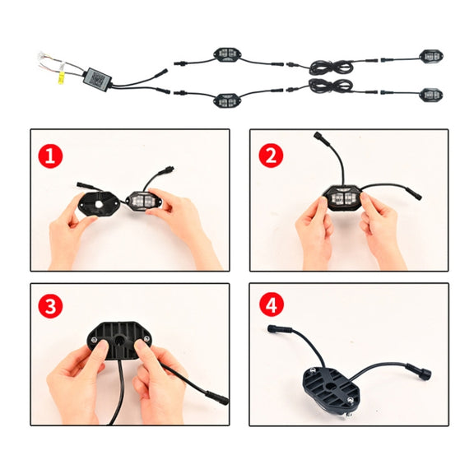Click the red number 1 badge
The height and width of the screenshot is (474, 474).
(50, 156)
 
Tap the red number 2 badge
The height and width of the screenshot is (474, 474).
(271, 156)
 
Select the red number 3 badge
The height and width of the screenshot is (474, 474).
(50, 305)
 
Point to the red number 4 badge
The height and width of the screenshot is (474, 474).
(272, 304)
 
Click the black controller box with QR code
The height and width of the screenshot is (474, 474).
(99, 77)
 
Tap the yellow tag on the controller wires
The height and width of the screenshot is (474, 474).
(61, 77)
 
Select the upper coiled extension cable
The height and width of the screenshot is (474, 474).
(332, 67)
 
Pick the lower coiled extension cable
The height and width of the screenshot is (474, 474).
(330, 86)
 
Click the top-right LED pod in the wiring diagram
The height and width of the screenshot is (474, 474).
(431, 57)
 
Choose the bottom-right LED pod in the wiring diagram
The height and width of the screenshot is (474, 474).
(431, 95)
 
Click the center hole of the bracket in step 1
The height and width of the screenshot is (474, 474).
(99, 204)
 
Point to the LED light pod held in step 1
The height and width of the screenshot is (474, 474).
(142, 201)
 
